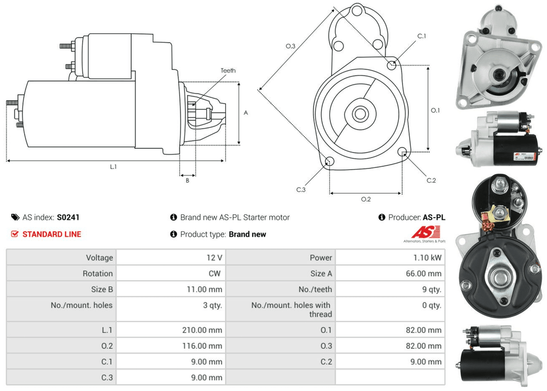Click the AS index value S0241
point(68,217)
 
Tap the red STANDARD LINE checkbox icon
point(15,234)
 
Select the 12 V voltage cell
point(216,258)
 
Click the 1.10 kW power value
point(429,258)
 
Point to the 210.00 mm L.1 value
point(202,330)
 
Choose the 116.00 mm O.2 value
point(202,346)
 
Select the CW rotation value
point(215,273)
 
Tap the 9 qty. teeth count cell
point(430,289)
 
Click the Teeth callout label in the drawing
point(228,71)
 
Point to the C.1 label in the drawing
point(421,36)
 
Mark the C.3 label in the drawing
point(301,189)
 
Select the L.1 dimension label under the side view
point(113,167)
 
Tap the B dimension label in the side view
point(187,180)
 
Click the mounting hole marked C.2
point(403,152)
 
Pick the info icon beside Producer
point(382,217)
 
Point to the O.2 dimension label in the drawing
point(366,199)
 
